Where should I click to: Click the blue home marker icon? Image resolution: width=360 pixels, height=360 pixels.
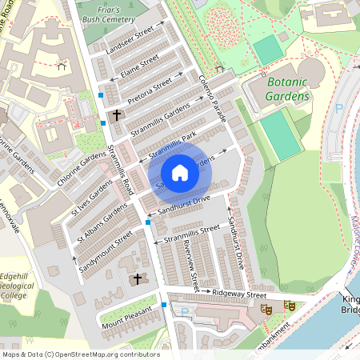pyautogui.click(x=180, y=172)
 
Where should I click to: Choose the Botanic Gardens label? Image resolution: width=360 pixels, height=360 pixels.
pyautogui.click(x=286, y=90)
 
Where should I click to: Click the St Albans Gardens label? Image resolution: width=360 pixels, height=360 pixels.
pyautogui.click(x=102, y=222)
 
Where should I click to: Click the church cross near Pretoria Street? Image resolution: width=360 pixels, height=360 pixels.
pyautogui.click(x=117, y=115)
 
